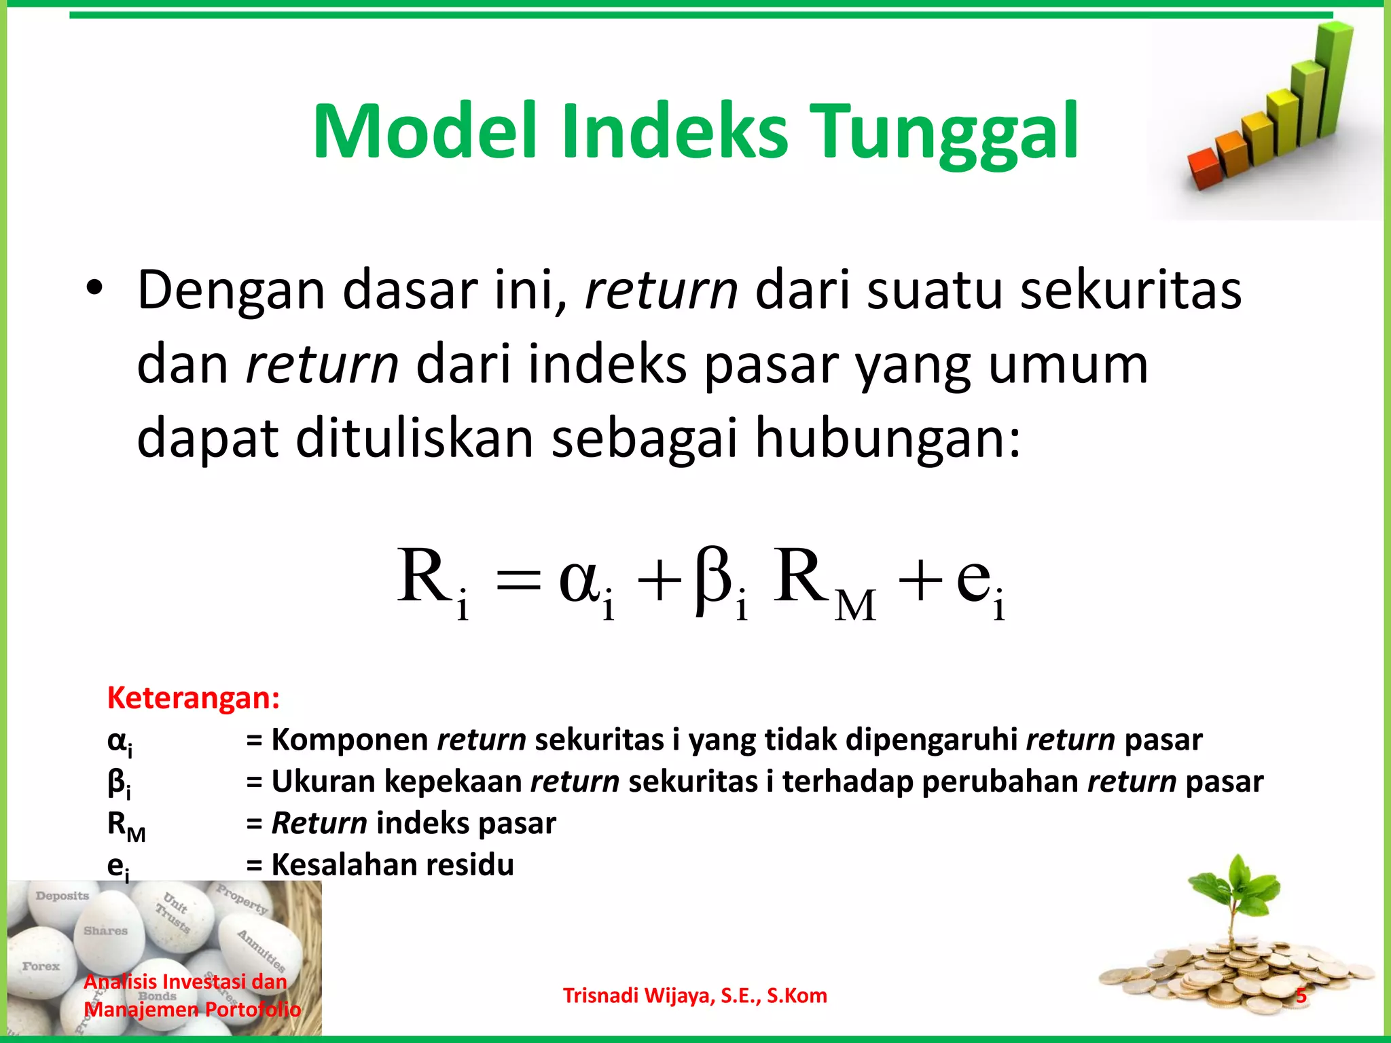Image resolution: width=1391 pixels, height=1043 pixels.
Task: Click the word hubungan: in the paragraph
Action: [887, 439]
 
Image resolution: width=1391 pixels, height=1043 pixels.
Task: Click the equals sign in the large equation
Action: [519, 581]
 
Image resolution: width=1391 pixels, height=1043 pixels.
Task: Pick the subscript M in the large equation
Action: [854, 606]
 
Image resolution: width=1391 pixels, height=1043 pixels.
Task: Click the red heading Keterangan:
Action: [194, 698]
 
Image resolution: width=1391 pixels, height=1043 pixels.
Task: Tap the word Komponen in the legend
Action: [349, 740]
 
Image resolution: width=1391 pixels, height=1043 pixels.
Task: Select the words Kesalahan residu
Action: [393, 865]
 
